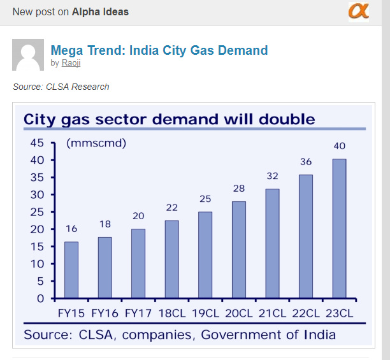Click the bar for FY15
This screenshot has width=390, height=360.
pyautogui.click(x=71, y=270)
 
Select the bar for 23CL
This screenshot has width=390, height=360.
pyautogui.click(x=338, y=228)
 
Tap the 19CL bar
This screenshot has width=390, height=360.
pyautogui.click(x=205, y=255)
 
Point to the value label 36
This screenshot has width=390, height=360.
pyautogui.click(x=306, y=162)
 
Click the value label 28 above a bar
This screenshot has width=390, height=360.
pyautogui.click(x=239, y=189)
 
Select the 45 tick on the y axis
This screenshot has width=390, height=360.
pyautogui.click(x=36, y=143)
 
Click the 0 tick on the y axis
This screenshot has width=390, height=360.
pyautogui.click(x=40, y=298)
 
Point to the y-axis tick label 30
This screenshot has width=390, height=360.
pyautogui.click(x=36, y=194)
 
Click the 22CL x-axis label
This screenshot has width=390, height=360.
pyautogui.click(x=305, y=313)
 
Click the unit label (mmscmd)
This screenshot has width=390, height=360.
pyautogui.click(x=96, y=143)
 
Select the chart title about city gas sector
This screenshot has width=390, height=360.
pyautogui.click(x=169, y=119)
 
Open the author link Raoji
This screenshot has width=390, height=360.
pyautogui.click(x=71, y=63)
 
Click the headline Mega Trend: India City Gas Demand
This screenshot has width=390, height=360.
pyautogui.click(x=159, y=50)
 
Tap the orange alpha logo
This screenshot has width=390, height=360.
pyautogui.click(x=358, y=11)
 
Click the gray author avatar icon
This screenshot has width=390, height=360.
pyautogui.click(x=28, y=55)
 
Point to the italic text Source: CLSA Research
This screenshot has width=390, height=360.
pyautogui.click(x=61, y=87)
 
